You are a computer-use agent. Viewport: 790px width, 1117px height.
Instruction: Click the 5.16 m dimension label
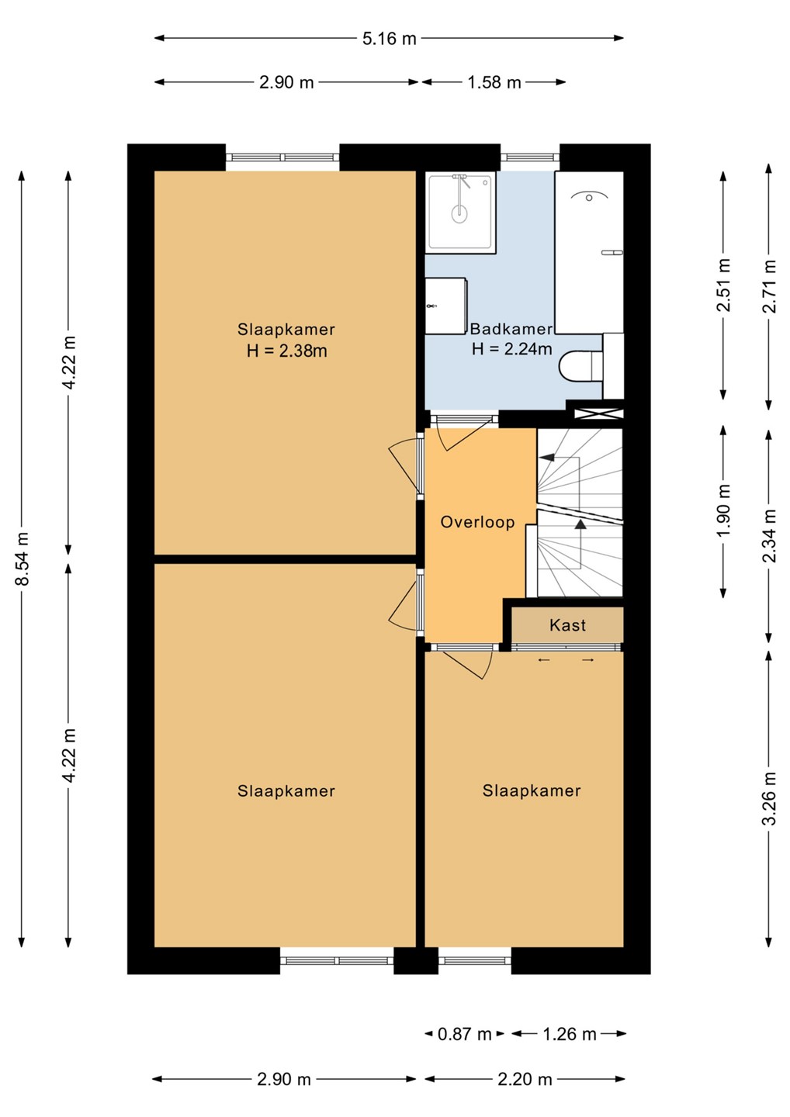tap(389, 39)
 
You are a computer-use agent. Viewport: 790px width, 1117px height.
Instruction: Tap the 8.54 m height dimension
tap(23, 558)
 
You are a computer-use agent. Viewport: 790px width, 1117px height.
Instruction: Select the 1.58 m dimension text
tap(494, 82)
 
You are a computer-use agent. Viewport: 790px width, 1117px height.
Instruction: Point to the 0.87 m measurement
tap(464, 1035)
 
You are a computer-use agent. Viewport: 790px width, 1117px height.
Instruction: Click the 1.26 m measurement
tap(569, 1035)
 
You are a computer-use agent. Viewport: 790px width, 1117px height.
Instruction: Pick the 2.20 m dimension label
tap(525, 1080)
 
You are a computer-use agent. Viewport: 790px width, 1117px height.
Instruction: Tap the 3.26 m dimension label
tap(770, 798)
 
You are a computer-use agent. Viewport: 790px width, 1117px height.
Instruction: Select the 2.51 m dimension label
tap(723, 285)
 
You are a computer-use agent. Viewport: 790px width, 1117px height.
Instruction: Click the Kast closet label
tap(567, 625)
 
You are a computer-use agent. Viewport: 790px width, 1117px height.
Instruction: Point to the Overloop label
tap(477, 522)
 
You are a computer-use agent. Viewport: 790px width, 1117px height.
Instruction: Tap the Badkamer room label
tap(511, 329)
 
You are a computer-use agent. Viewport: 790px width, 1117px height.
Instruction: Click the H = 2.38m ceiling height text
tap(287, 351)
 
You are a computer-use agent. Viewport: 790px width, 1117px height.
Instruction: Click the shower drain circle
tap(459, 214)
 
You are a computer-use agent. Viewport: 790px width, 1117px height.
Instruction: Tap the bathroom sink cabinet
tap(445, 306)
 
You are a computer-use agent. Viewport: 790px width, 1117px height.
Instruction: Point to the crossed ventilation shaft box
tap(598, 413)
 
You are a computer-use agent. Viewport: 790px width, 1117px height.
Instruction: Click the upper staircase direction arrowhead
tap(547, 457)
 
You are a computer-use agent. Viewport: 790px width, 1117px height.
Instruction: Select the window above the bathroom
tap(530, 157)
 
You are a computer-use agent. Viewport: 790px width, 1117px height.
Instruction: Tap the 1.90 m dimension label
tap(723, 510)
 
